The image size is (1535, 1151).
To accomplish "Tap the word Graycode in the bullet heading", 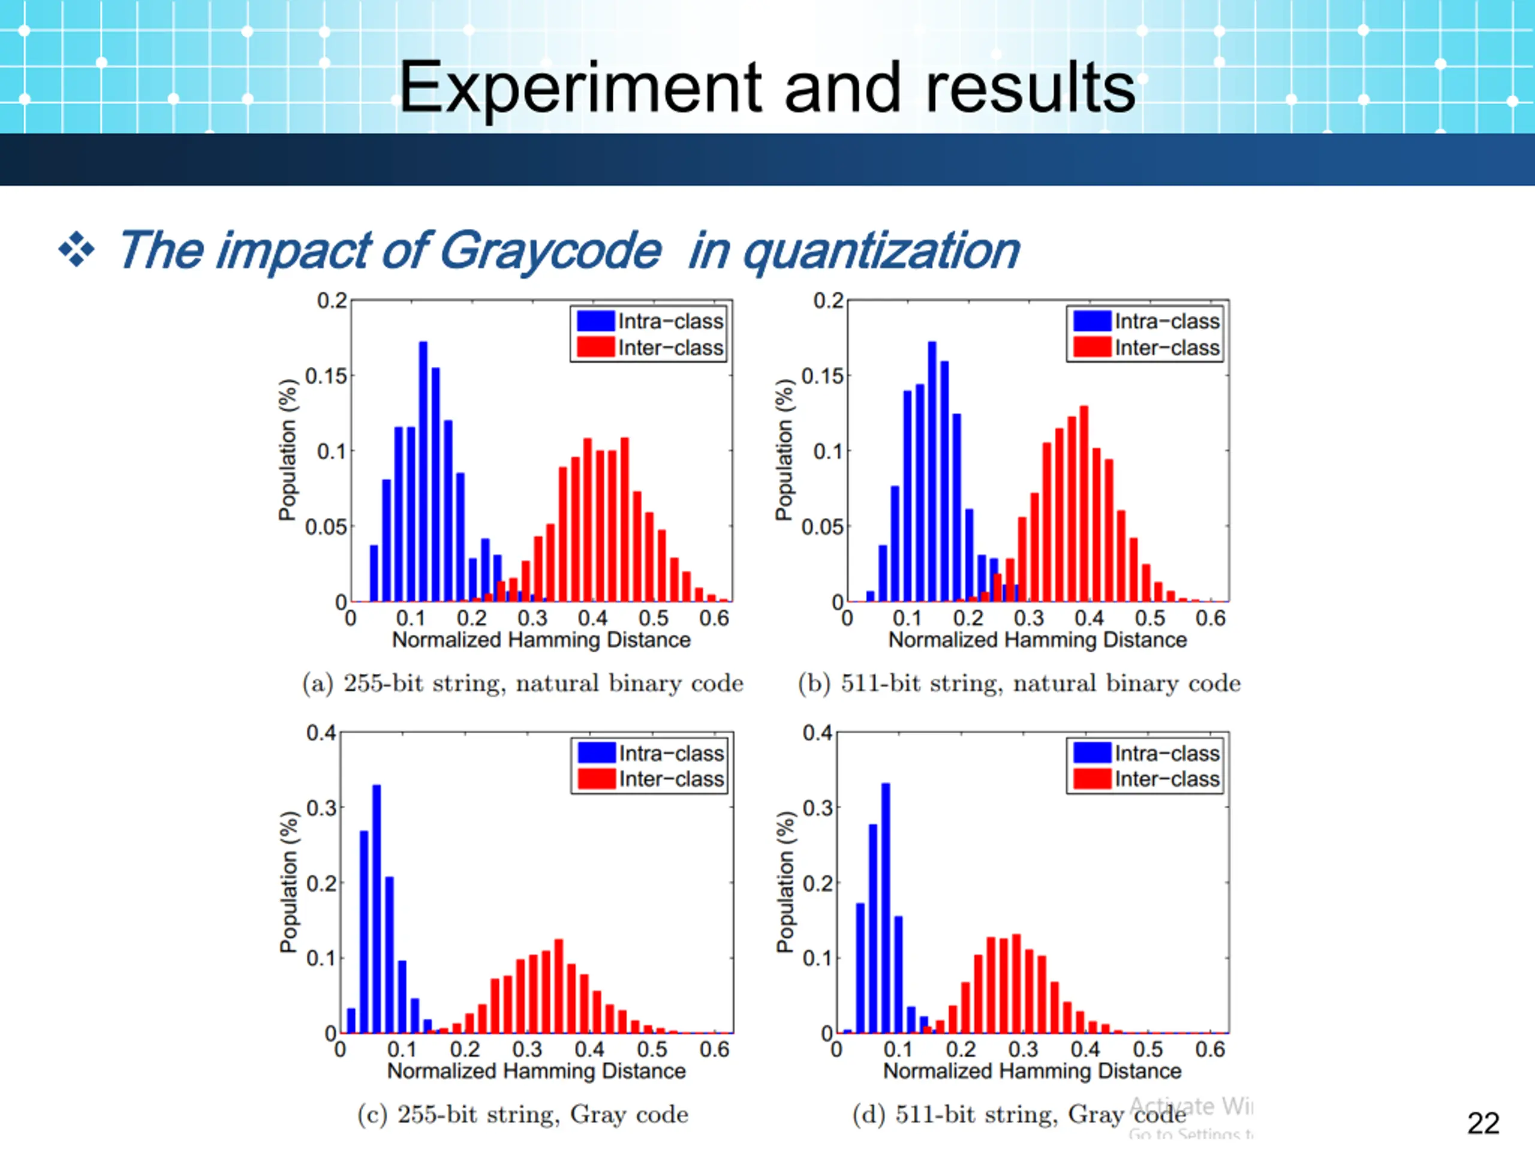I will pyautogui.click(x=550, y=251).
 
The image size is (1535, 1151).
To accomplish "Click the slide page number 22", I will pyautogui.click(x=1483, y=1123).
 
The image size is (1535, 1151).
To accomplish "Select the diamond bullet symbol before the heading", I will pyautogui.click(x=76, y=250).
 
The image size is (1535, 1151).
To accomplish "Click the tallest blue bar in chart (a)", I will pyautogui.click(x=423, y=472).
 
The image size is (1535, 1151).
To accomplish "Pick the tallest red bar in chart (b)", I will pyautogui.click(x=1084, y=503).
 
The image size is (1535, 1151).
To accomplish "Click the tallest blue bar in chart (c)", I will pyautogui.click(x=377, y=909).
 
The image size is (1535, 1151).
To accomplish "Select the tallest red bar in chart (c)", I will pyautogui.click(x=559, y=985).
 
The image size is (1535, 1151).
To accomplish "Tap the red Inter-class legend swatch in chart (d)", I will pyautogui.click(x=1091, y=779).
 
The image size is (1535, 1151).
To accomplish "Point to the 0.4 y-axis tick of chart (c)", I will pyautogui.click(x=321, y=733).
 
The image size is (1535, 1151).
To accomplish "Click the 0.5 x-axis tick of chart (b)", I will pyautogui.click(x=1150, y=618).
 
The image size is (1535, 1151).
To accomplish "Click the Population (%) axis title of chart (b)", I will pyautogui.click(x=784, y=450).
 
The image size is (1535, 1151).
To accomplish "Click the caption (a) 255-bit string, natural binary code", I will pyautogui.click(x=522, y=683).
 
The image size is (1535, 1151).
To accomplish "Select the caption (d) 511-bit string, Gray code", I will pyautogui.click(x=1019, y=1115).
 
